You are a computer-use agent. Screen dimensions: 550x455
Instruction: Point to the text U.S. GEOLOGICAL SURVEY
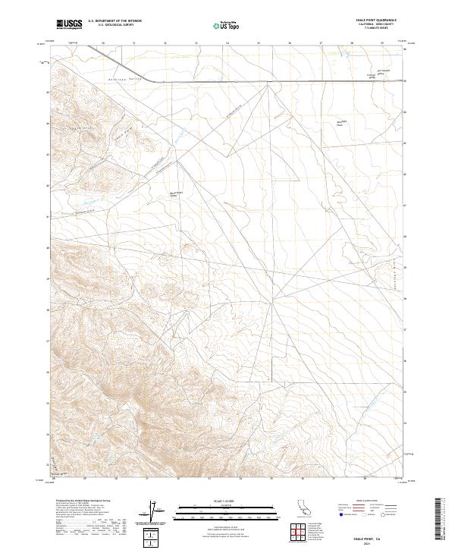pos(115,26)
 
